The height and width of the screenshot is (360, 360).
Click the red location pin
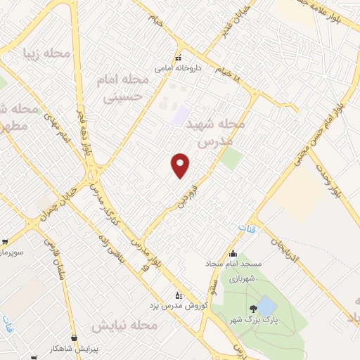click(x=181, y=166)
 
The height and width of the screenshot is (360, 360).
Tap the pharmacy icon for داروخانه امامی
click(x=179, y=58)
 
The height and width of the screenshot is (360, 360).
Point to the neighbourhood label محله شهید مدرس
click(x=216, y=133)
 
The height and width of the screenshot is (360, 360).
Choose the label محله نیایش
click(x=123, y=326)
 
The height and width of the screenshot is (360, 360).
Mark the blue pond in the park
click(x=266, y=307)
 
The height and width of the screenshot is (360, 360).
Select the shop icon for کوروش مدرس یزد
click(x=177, y=295)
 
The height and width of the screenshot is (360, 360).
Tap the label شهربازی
click(x=242, y=278)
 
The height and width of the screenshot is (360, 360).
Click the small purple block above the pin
click(x=181, y=114)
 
